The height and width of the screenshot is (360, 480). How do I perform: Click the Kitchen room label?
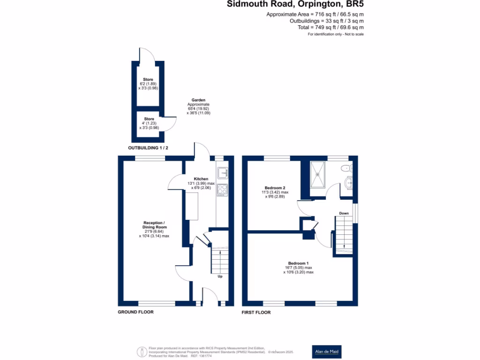coord(201,179)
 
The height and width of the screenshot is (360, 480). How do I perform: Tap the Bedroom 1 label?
coord(298,263)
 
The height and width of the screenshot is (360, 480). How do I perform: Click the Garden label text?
coord(199,100)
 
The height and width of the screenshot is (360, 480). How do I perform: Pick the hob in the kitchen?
coord(222,189)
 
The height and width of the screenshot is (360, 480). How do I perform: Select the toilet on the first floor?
coord(347,168)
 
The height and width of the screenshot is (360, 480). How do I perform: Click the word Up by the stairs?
coord(219,276)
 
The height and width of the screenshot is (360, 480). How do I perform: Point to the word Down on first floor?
coord(344,213)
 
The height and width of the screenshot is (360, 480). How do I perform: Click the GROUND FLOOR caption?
coord(135,312)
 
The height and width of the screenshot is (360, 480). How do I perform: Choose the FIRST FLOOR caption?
coord(256,312)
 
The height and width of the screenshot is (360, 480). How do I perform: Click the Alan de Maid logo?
coord(327,351)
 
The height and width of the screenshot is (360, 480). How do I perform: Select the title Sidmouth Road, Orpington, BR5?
coord(295,5)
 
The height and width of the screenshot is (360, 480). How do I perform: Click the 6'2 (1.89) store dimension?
coord(148,84)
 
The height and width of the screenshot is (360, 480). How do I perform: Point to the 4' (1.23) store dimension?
coord(148,123)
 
